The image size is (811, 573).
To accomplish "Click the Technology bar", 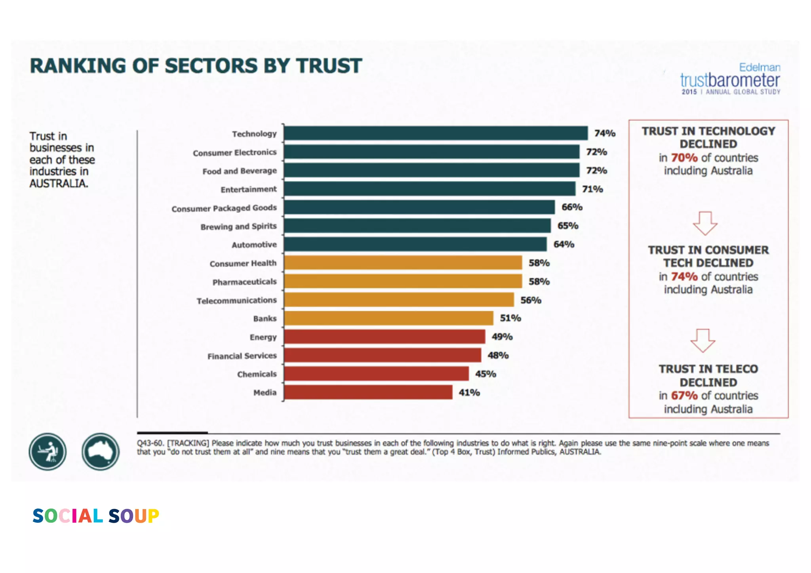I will [436, 133].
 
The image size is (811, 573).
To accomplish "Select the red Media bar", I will [368, 392].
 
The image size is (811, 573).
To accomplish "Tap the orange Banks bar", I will [388, 318].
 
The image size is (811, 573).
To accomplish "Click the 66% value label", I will [572, 207].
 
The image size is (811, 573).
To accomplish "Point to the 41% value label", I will [469, 392].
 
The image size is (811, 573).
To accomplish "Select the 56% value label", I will [531, 300].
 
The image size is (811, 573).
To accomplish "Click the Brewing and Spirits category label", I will [238, 227].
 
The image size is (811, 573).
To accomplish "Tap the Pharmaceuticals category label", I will [244, 282].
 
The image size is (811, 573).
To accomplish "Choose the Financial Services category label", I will [242, 356].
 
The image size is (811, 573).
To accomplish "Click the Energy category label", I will [263, 337].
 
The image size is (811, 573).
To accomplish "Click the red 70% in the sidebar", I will [684, 158].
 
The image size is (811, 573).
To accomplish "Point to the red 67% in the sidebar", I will [684, 395].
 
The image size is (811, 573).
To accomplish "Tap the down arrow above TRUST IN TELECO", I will [703, 341].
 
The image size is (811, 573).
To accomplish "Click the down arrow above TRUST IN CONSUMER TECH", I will [705, 223].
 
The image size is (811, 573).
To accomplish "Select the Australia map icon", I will [101, 451].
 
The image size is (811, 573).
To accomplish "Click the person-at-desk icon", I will [48, 451].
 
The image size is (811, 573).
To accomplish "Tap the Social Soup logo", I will [96, 516].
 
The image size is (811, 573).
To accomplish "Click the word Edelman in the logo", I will [760, 67].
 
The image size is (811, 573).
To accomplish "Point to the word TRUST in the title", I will [329, 66].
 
